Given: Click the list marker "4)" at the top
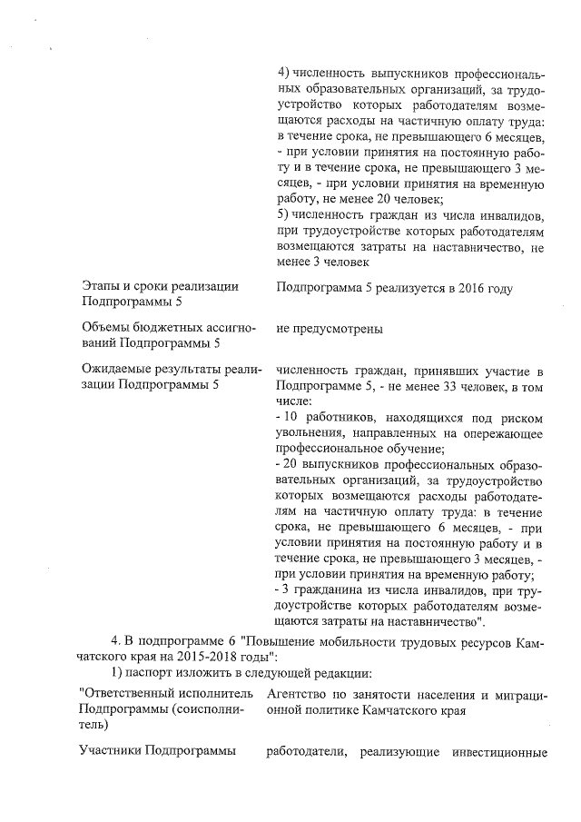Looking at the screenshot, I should point(282,72).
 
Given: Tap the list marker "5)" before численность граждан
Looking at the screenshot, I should point(282,214).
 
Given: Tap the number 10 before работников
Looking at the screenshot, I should point(293,417).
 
